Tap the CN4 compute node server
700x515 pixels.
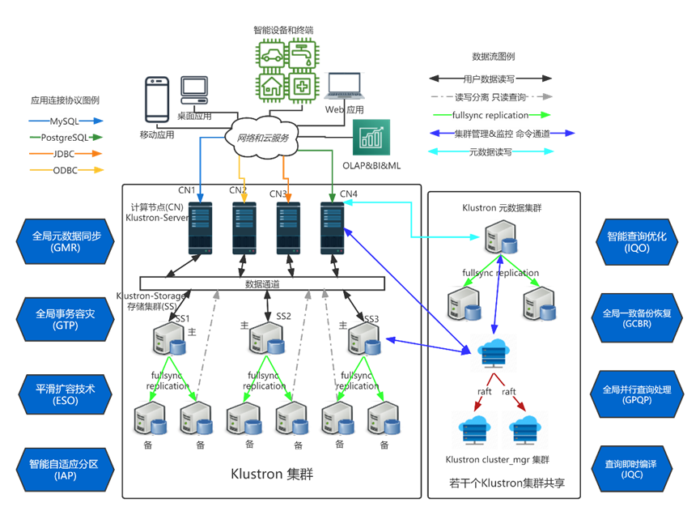333,228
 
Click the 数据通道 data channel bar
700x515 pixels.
261,283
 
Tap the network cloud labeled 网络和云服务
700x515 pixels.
261,138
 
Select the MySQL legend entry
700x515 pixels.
66,121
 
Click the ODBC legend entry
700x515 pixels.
66,169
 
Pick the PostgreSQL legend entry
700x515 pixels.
66,137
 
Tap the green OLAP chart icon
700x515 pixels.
372,138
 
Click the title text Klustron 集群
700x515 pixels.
271,475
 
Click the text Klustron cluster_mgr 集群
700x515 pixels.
497,459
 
